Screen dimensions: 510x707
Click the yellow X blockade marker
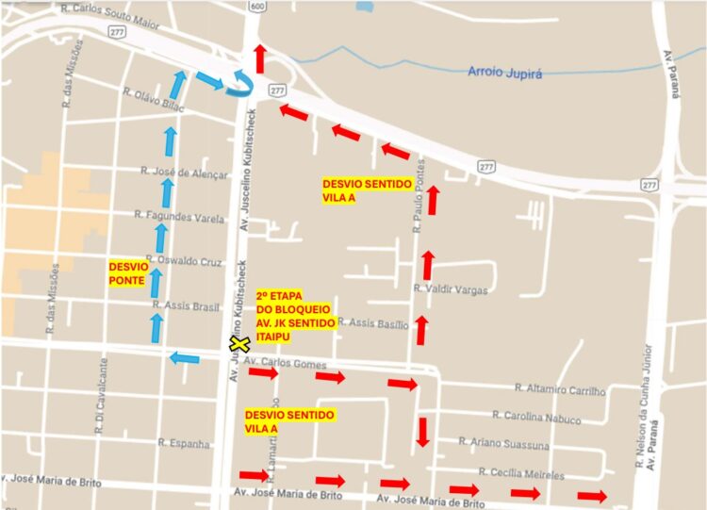coord(239,345)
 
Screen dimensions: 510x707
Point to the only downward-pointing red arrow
coord(423,431)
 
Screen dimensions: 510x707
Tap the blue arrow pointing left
coord(185,357)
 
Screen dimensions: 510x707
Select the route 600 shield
coord(257,6)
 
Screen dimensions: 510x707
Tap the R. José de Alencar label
coord(184,173)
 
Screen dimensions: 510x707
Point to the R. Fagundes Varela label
coord(179,217)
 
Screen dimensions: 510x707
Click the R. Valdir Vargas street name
coord(450,289)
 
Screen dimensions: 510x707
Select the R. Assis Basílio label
coord(373,323)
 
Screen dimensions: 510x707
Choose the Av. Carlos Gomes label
coord(285,363)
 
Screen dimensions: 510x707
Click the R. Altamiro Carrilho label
coord(560,388)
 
